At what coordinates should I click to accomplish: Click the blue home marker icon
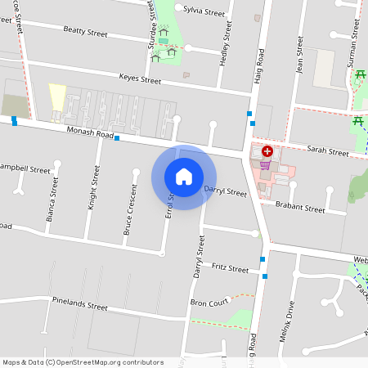(184, 177)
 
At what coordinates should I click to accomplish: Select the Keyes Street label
(140, 80)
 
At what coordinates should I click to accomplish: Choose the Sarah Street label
(327, 152)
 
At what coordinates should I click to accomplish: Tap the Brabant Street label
(299, 209)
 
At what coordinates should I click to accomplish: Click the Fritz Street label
(229, 268)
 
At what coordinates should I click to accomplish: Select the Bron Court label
(209, 303)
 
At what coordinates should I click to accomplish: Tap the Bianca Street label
(52, 200)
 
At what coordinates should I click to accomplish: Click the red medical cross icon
(267, 151)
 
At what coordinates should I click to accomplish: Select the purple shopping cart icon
(264, 164)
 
